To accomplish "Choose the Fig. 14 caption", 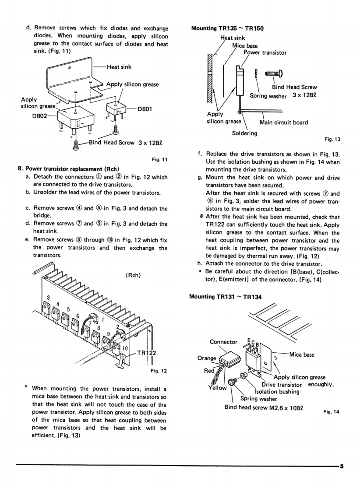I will click(x=331, y=412).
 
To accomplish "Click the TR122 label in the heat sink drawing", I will click(x=146, y=354).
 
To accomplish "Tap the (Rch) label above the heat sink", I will click(x=132, y=275).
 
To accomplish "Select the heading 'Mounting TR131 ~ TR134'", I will click(x=225, y=297).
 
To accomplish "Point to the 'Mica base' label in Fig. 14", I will click(x=302, y=354).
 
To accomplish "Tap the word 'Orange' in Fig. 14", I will click(x=207, y=358).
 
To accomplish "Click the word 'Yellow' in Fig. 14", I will click(x=217, y=388).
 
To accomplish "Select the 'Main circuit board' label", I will click(x=284, y=123).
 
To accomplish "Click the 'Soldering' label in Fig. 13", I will click(x=244, y=133).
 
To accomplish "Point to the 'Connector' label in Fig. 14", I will click(x=223, y=342).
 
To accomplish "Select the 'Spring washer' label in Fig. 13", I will click(x=268, y=96).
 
